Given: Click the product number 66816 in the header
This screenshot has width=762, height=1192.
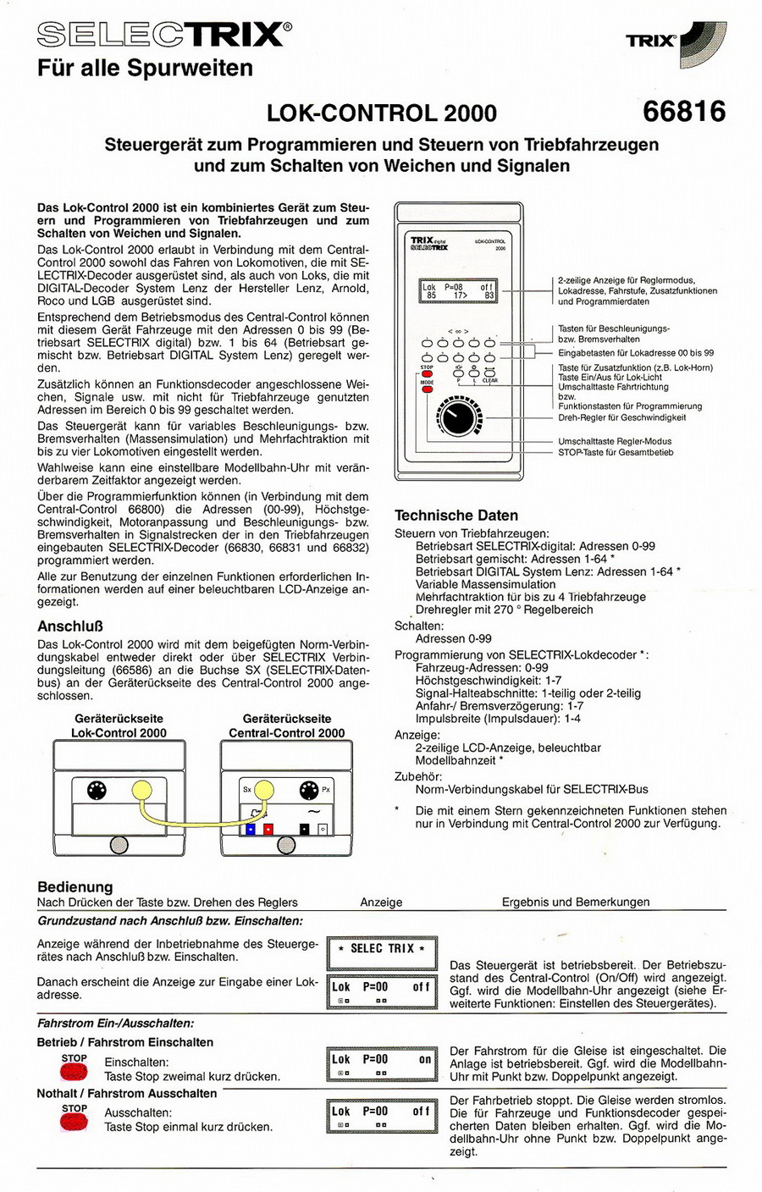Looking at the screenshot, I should click(684, 111).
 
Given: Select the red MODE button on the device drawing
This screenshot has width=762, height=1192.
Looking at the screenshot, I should click(427, 391).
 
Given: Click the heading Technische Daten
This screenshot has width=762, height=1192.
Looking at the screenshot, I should click(456, 515).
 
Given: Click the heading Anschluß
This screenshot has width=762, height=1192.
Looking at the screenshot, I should click(69, 626).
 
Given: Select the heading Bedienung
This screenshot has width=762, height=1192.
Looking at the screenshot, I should click(75, 886).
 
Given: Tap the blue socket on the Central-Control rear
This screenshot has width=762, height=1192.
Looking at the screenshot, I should click(251, 829).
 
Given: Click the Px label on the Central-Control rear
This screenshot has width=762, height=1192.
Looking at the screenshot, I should click(326, 790).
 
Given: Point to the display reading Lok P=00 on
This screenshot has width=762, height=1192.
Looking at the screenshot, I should click(382, 1064).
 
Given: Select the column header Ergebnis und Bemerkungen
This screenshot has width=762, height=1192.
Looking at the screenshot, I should click(576, 902).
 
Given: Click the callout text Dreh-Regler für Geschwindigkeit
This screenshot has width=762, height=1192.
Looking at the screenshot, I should click(621, 417).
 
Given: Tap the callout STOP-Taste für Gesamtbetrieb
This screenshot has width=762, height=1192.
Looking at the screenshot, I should click(616, 452).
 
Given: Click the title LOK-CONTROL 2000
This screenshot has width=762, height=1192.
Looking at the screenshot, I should click(382, 113).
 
